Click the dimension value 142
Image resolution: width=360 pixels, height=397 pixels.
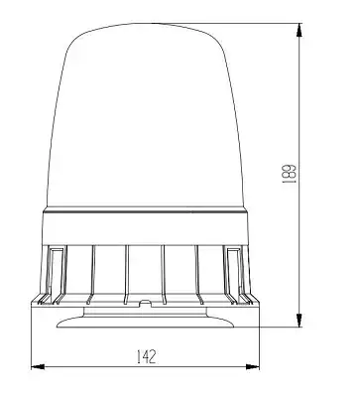(146, 356)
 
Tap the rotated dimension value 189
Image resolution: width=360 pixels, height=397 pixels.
(289, 174)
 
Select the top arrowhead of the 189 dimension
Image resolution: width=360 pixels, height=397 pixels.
(299, 30)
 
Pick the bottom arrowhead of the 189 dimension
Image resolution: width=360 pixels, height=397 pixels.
(299, 321)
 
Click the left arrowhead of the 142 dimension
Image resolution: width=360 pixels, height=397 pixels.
(38, 366)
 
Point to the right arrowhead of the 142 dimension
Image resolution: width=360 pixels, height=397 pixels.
(253, 366)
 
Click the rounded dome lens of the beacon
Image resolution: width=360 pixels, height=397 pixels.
(146, 116)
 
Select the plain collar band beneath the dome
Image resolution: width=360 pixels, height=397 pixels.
(146, 228)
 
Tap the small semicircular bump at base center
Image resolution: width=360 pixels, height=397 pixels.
(146, 302)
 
